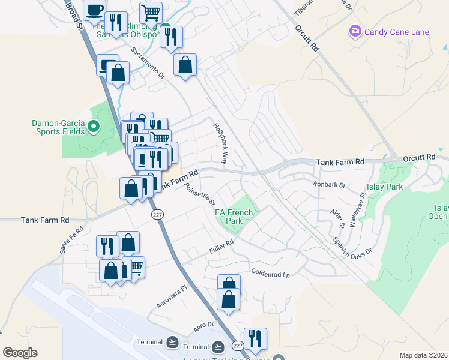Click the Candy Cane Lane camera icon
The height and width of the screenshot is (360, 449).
355,31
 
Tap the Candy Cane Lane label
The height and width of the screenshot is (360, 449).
396,32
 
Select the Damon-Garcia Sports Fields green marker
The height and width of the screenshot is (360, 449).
93,127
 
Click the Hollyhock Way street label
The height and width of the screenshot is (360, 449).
222,145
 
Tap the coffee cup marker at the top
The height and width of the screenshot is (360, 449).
94,10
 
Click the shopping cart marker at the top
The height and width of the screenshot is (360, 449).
151,12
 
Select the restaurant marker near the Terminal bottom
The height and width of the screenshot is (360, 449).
255,338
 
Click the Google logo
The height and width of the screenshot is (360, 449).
19,353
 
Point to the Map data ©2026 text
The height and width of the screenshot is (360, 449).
423,355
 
